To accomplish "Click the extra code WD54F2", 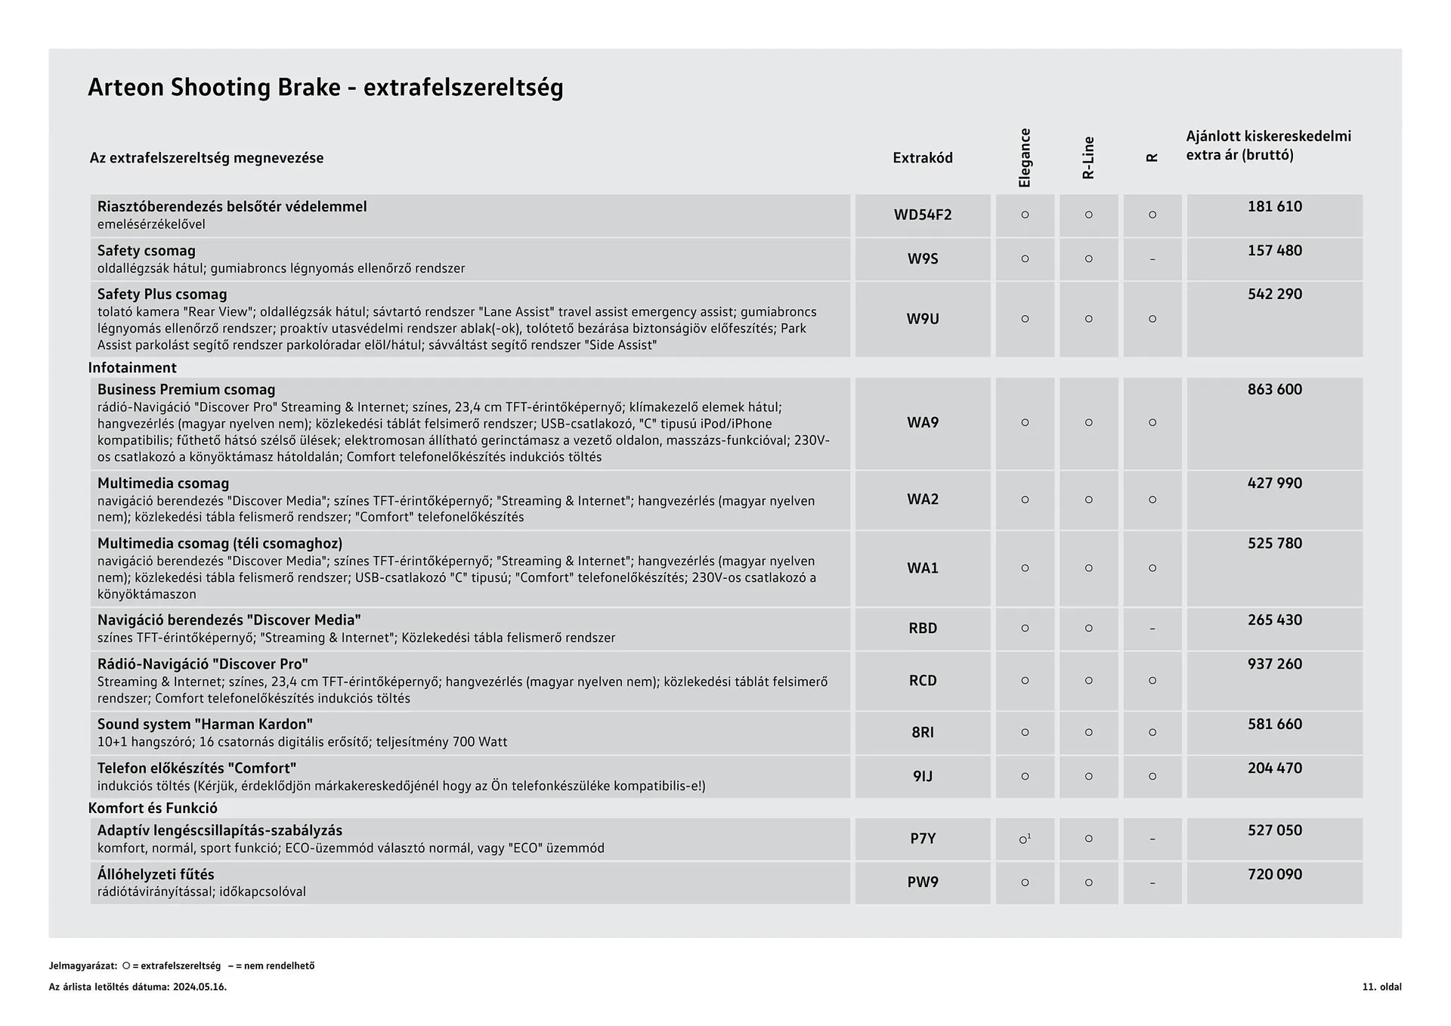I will click(x=922, y=215).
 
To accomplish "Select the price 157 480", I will click(x=1274, y=250).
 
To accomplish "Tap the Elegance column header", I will click(x=1025, y=158).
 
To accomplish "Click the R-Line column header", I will click(x=1088, y=158).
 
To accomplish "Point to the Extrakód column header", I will click(x=922, y=158).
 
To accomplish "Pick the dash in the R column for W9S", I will click(x=1152, y=259).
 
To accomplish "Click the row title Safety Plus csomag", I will click(x=162, y=294).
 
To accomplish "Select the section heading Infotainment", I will click(x=132, y=368).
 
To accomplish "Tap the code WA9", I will click(x=922, y=422).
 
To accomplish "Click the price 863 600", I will click(x=1274, y=389).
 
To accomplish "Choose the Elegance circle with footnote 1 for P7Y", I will click(x=1025, y=839).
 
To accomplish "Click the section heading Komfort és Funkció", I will click(x=153, y=808).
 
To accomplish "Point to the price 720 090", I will click(x=1274, y=874).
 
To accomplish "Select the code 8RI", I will click(x=922, y=732).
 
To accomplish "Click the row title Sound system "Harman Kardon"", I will click(x=205, y=724).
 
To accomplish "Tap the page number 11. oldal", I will click(x=1381, y=987).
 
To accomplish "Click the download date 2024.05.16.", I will click(x=200, y=987).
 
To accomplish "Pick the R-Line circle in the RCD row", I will click(x=1088, y=681).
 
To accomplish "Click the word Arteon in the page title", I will click(x=125, y=88).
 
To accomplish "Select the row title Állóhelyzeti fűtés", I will click(x=156, y=874).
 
